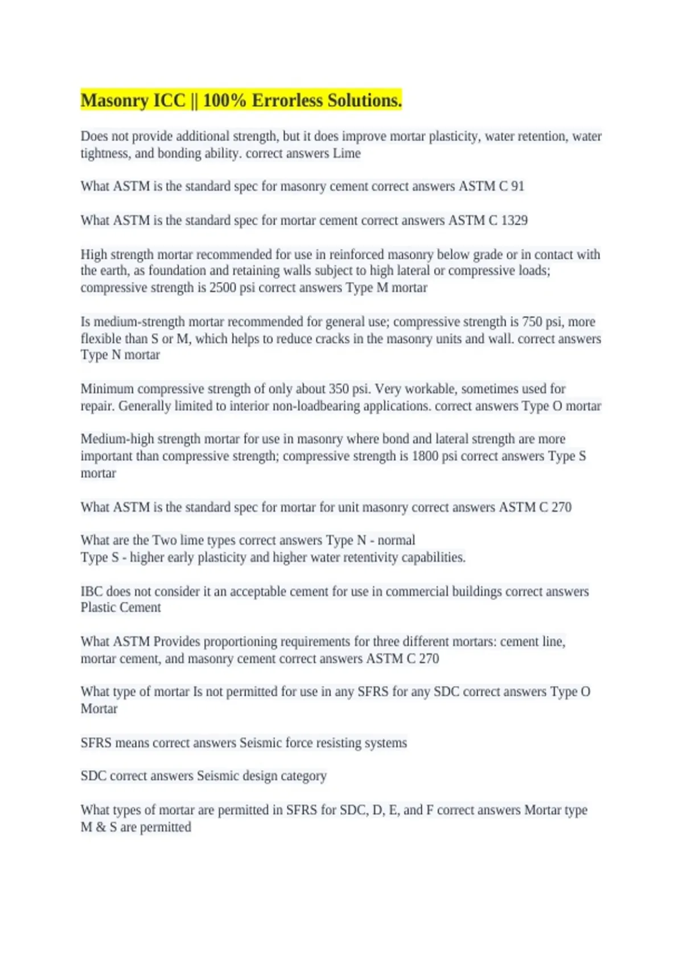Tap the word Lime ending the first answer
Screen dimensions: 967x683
[x=347, y=154]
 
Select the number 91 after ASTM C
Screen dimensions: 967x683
[x=517, y=187]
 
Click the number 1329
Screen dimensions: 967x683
[x=514, y=221]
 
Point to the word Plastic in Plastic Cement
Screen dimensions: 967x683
[x=98, y=608]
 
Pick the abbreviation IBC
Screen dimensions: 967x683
[x=92, y=592]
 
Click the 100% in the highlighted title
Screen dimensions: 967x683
[x=224, y=101]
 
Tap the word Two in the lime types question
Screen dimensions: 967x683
[x=164, y=540]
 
